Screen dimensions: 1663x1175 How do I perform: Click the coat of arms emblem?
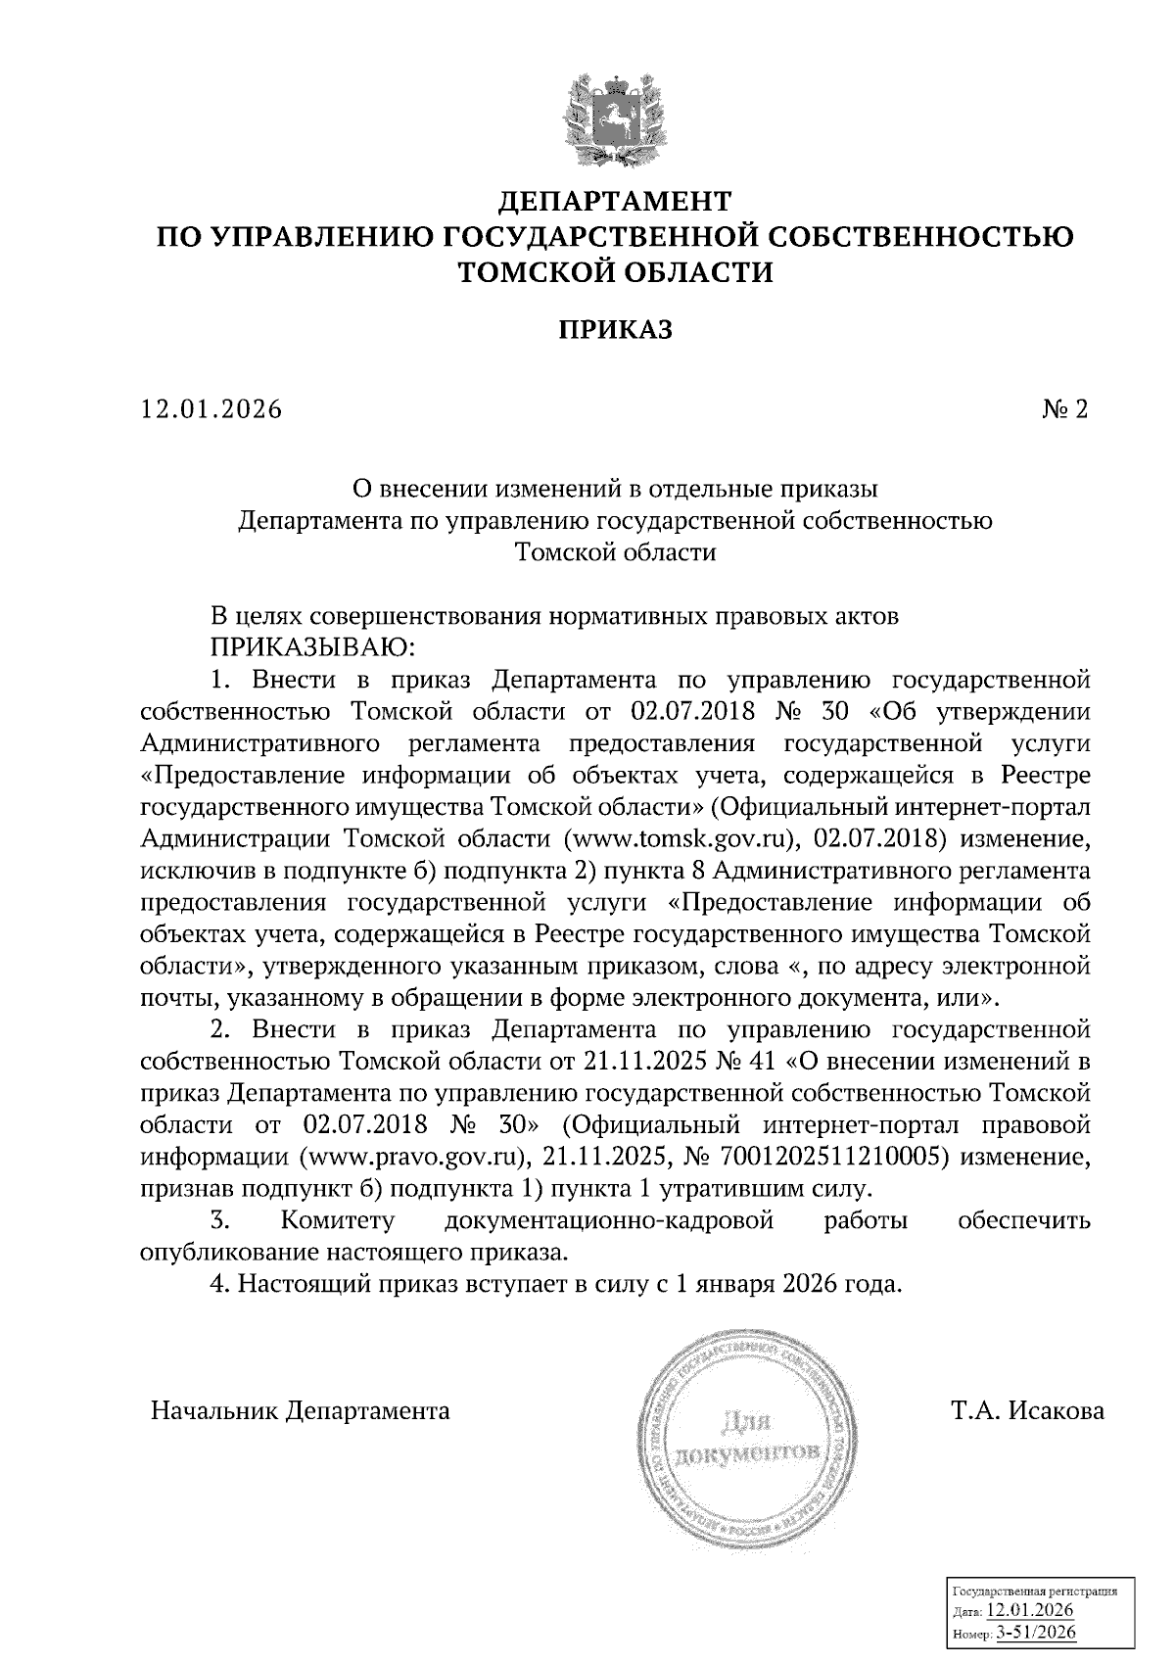[x=615, y=119]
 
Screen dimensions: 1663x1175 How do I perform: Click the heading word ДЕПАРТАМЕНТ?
[x=615, y=202]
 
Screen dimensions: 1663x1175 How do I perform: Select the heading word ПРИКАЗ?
[x=615, y=330]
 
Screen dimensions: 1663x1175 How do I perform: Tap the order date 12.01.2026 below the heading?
[x=211, y=409]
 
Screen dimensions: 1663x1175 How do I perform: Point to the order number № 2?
[x=1064, y=409]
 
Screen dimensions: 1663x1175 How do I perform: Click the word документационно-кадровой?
[x=609, y=1220]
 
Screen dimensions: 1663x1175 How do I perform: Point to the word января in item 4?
[x=730, y=1284]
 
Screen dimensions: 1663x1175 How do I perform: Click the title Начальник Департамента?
[x=300, y=1411]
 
